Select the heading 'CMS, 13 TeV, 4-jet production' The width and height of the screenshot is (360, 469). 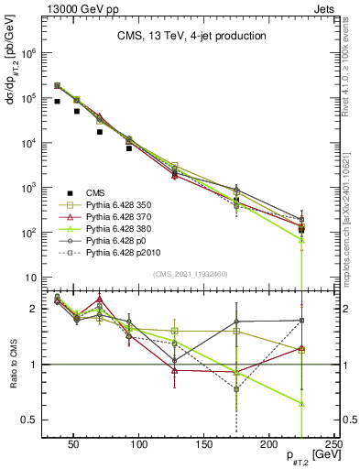[193, 37]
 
